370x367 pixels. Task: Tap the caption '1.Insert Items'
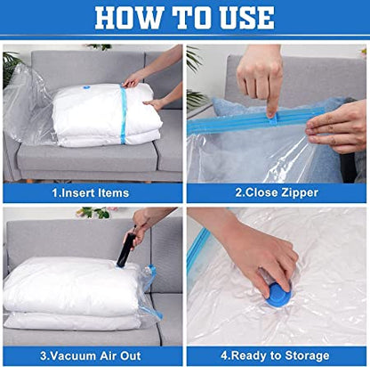coord(91,193)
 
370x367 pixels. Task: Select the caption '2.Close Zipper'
coord(277,192)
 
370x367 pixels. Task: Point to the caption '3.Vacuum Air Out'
coord(91,355)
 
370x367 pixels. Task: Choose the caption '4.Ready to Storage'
coord(275,355)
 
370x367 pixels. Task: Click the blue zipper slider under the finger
coord(273,121)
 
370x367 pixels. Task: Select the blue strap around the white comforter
coord(123,114)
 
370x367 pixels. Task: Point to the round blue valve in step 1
coord(86,87)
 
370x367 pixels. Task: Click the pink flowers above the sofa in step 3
coord(95,212)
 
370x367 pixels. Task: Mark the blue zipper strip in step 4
coord(198,252)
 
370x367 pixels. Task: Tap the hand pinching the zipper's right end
coord(337,128)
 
